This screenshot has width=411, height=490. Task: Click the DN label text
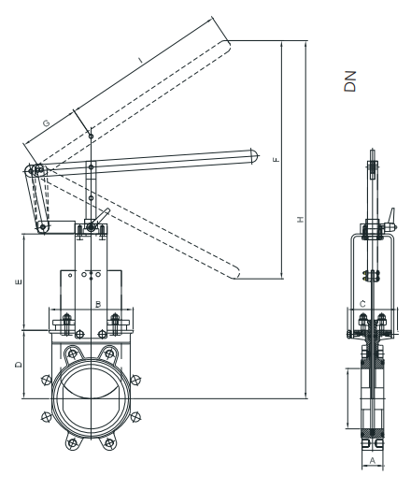(x=350, y=81)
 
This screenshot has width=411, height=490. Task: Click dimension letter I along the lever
(x=140, y=59)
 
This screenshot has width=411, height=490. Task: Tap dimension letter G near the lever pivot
(x=46, y=122)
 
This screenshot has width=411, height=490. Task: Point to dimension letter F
(x=276, y=160)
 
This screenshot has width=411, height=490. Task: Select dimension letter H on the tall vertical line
(x=300, y=220)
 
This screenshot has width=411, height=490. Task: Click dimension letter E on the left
(x=19, y=281)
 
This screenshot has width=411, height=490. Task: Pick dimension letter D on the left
(x=19, y=364)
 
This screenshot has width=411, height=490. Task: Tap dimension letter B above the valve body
(x=98, y=304)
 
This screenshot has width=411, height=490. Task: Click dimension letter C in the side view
(x=362, y=304)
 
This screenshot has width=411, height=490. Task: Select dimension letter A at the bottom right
(x=373, y=460)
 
